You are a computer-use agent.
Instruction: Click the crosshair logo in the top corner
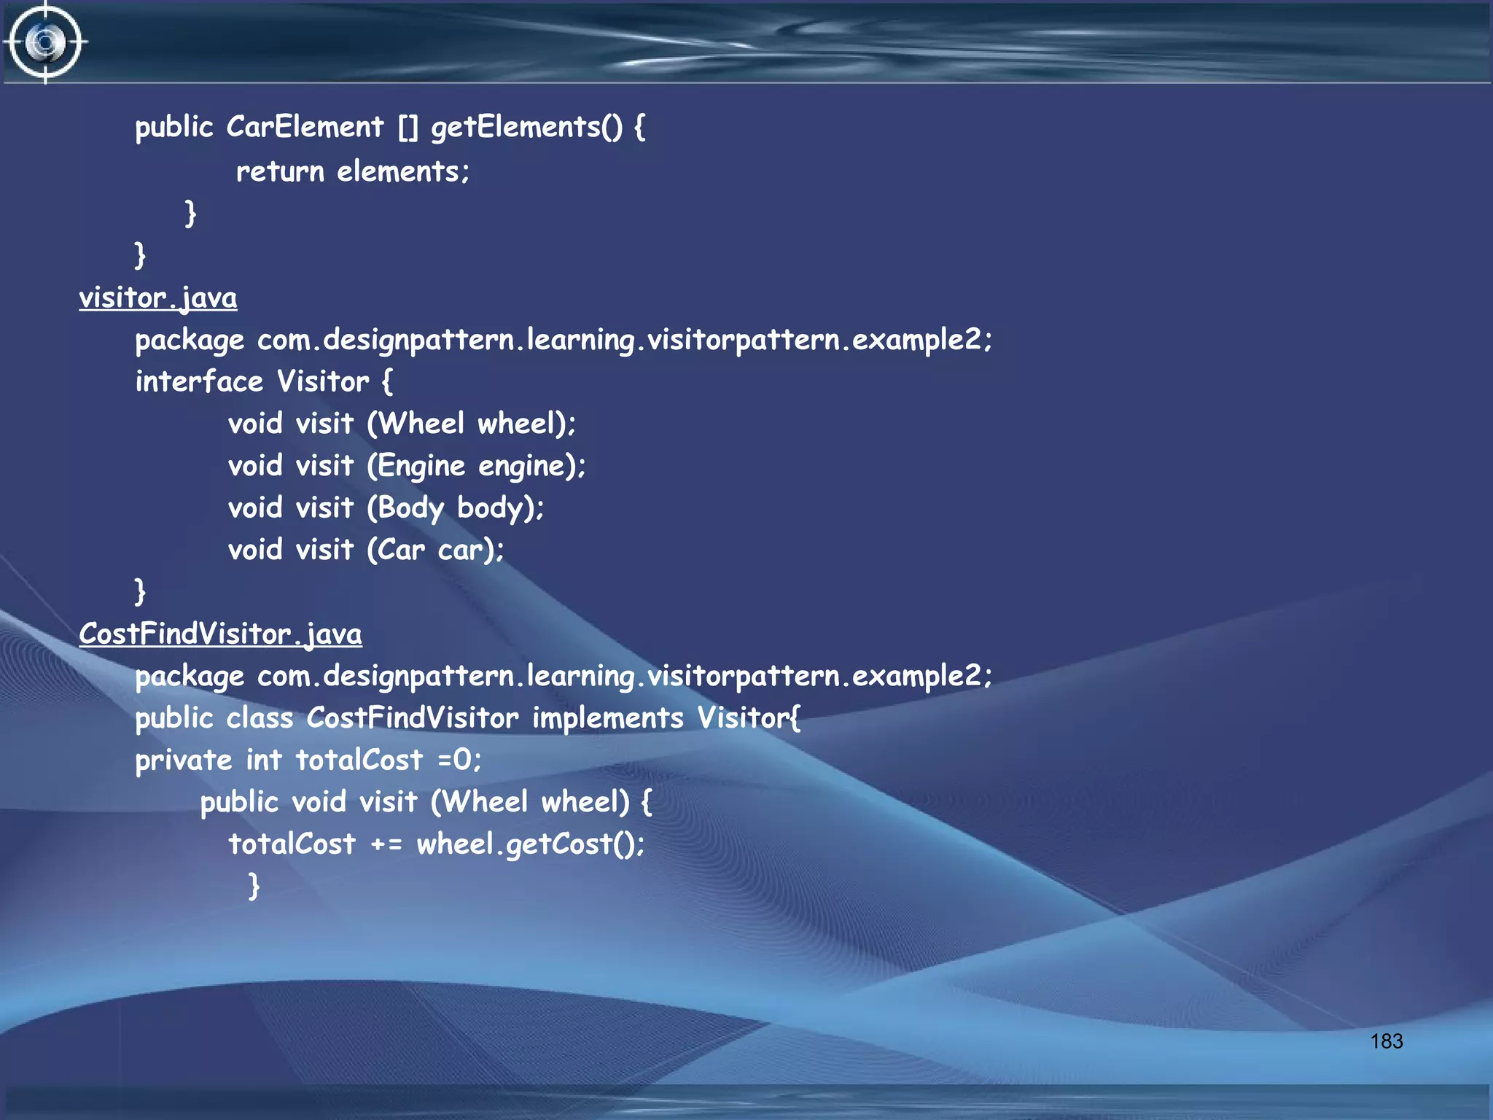click(x=45, y=42)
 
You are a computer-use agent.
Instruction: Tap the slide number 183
click(x=1386, y=1041)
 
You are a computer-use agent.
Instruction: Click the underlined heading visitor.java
click(x=158, y=297)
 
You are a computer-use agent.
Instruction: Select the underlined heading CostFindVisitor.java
click(x=220, y=634)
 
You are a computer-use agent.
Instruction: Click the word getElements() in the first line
click(x=527, y=128)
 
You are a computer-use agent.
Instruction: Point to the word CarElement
click(x=305, y=127)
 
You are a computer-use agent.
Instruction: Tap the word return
click(x=280, y=171)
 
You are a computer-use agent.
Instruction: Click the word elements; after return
click(x=403, y=171)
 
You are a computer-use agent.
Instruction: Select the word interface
click(x=199, y=381)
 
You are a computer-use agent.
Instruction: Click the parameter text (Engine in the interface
click(x=416, y=466)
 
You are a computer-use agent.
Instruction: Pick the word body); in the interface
click(x=500, y=508)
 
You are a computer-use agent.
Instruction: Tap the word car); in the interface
click(x=471, y=550)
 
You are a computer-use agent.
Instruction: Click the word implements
click(x=608, y=718)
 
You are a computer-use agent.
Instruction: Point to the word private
click(x=184, y=761)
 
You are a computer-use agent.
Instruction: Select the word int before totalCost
click(x=263, y=760)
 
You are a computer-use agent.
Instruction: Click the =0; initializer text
click(x=459, y=761)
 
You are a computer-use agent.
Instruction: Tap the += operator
click(x=386, y=844)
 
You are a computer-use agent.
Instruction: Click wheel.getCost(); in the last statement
click(x=531, y=844)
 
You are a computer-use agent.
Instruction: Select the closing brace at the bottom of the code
click(x=254, y=886)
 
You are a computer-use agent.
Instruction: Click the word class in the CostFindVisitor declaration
click(x=260, y=718)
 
